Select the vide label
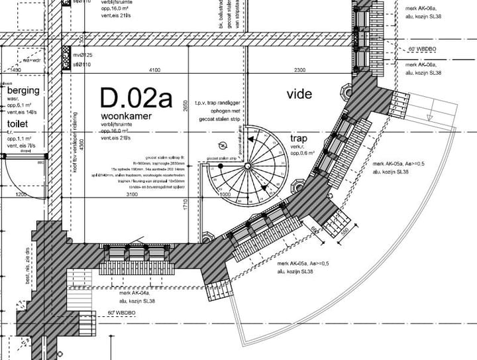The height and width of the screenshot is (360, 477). coord(299,94)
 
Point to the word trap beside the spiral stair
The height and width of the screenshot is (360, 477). coord(299,139)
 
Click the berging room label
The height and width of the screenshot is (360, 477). coord(23,90)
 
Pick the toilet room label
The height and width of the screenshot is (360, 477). coord(19,124)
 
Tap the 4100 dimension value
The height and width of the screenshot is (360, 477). coord(155,70)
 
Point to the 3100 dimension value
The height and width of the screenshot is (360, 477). coord(132,195)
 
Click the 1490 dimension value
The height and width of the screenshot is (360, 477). coord(16,70)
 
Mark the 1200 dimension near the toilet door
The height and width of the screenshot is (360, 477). coord(21,195)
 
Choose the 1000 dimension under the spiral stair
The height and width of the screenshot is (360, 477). coord(225,195)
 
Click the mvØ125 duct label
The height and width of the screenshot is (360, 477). coord(82,54)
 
